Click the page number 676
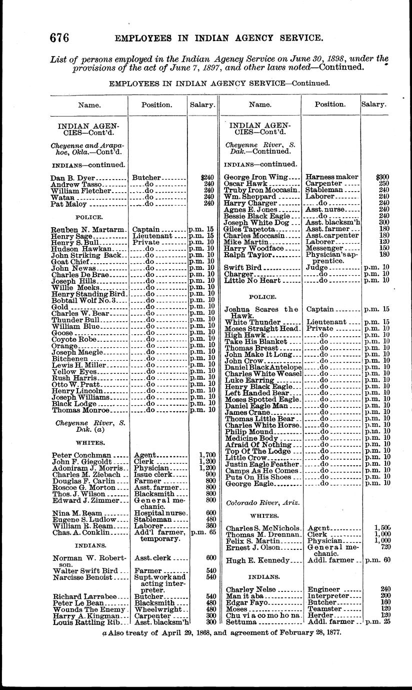58,38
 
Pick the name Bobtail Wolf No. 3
83,301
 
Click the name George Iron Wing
256,177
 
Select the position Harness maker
332,177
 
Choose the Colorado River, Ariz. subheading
258,503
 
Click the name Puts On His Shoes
257,477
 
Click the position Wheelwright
159,609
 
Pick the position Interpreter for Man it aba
331,596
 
